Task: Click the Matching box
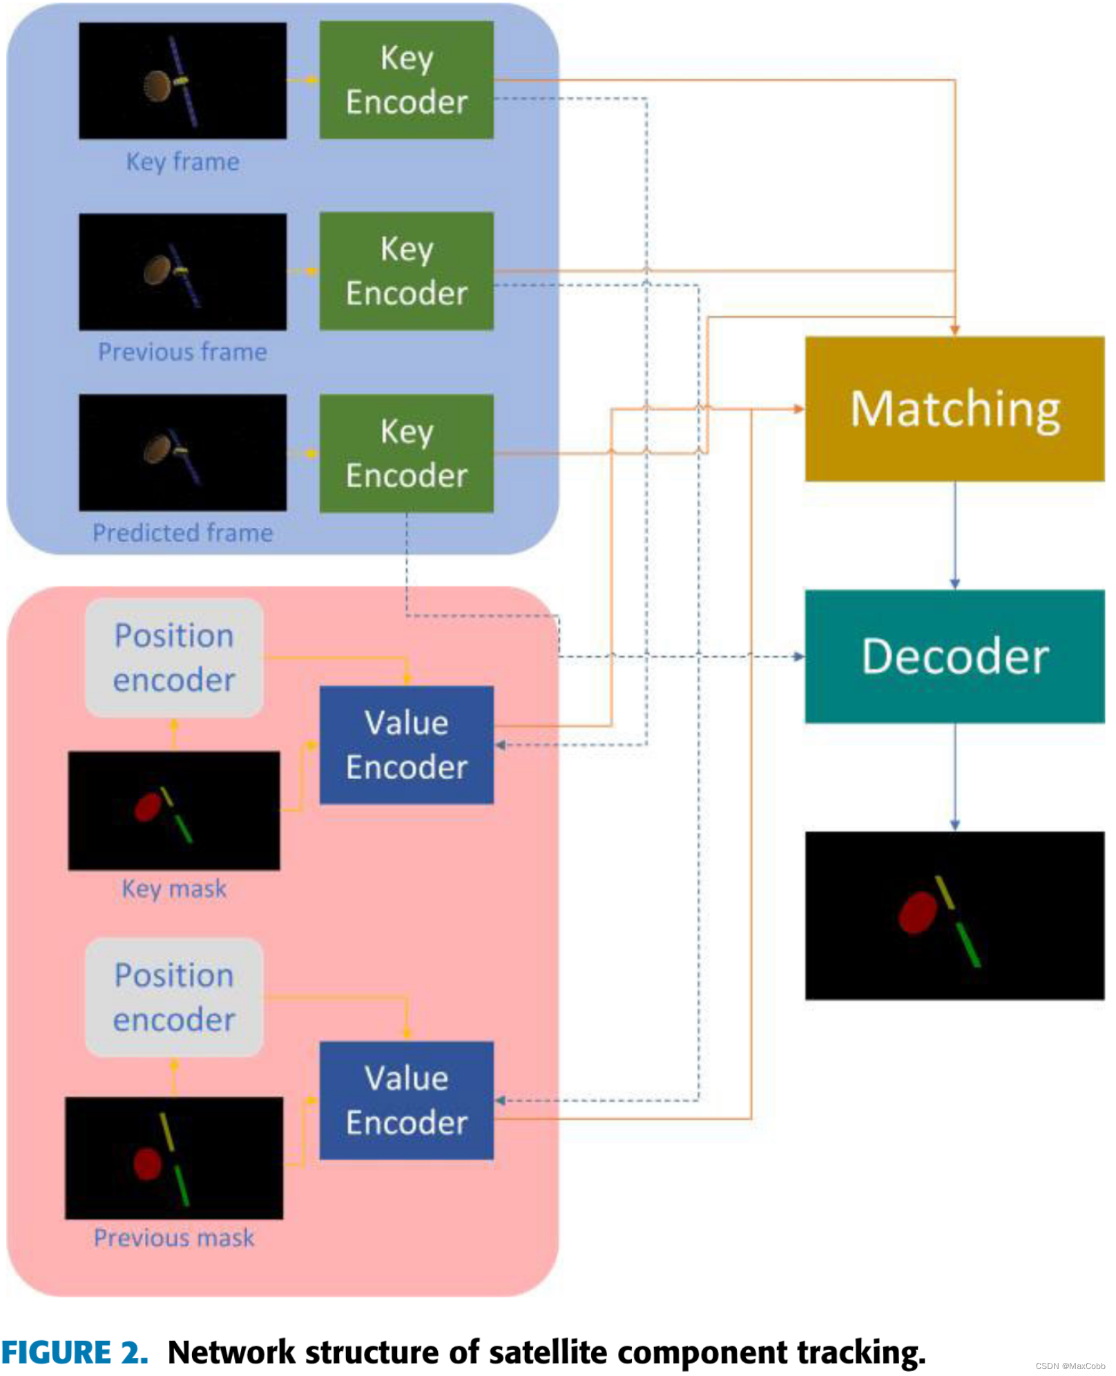point(954,409)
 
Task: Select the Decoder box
point(954,656)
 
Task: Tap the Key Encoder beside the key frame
point(406,80)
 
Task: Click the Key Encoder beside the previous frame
point(406,271)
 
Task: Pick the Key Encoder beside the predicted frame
point(406,453)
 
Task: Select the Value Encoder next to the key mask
point(406,745)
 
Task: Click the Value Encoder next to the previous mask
point(406,1100)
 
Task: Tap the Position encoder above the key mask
point(173,657)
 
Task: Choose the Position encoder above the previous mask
point(173,997)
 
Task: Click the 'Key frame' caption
point(182,162)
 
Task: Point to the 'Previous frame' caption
point(182,352)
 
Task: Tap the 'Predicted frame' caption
point(182,533)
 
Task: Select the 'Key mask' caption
point(173,888)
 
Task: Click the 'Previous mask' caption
point(173,1238)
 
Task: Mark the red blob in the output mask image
point(917,912)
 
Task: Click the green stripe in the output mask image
point(968,944)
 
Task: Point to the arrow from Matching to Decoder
point(954,535)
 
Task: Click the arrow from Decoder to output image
point(954,777)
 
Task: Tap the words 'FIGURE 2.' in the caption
point(75,1352)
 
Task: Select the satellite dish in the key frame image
point(157,86)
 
